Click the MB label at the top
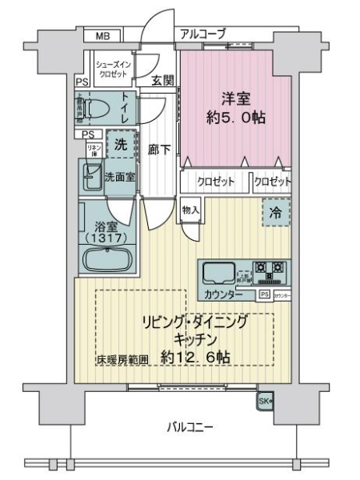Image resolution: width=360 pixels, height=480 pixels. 103,36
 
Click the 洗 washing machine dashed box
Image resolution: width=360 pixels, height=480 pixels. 119,146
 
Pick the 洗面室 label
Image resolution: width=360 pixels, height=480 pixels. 120,177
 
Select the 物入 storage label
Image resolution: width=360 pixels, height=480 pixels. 190,210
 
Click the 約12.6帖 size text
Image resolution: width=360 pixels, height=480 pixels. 195,358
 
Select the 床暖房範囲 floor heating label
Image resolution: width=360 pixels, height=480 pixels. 122,359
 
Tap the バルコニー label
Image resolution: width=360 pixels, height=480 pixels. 190,426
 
